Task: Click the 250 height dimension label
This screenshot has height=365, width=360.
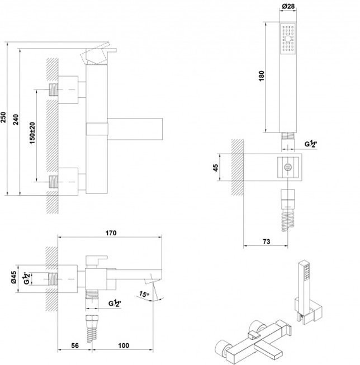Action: pos(3,117)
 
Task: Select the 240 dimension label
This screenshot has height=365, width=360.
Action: pos(16,120)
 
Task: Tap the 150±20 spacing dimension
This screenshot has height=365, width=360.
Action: pos(32,133)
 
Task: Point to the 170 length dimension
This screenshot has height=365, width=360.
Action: pos(111,233)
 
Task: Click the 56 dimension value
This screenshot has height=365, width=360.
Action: pos(75,345)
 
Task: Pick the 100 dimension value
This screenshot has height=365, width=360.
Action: pos(124,345)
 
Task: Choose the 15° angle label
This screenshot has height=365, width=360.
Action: pos(144,294)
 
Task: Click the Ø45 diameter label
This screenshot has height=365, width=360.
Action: pos(13,277)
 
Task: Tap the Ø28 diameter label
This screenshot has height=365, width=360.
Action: pos(288,6)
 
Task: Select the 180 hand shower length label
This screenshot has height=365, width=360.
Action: pos(262,76)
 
